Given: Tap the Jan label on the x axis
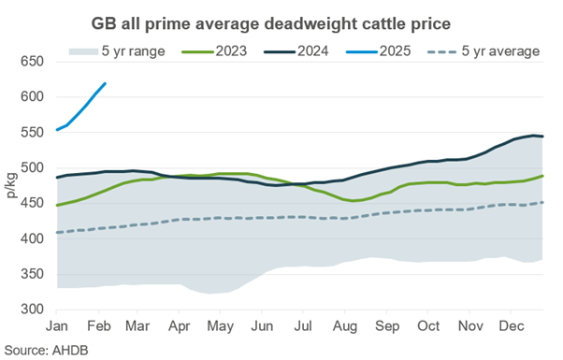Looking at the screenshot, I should [x=58, y=327].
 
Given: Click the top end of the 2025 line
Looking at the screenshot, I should [x=106, y=83].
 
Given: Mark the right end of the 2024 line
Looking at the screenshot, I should [x=543, y=137].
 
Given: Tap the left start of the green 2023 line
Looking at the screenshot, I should [x=57, y=205].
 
